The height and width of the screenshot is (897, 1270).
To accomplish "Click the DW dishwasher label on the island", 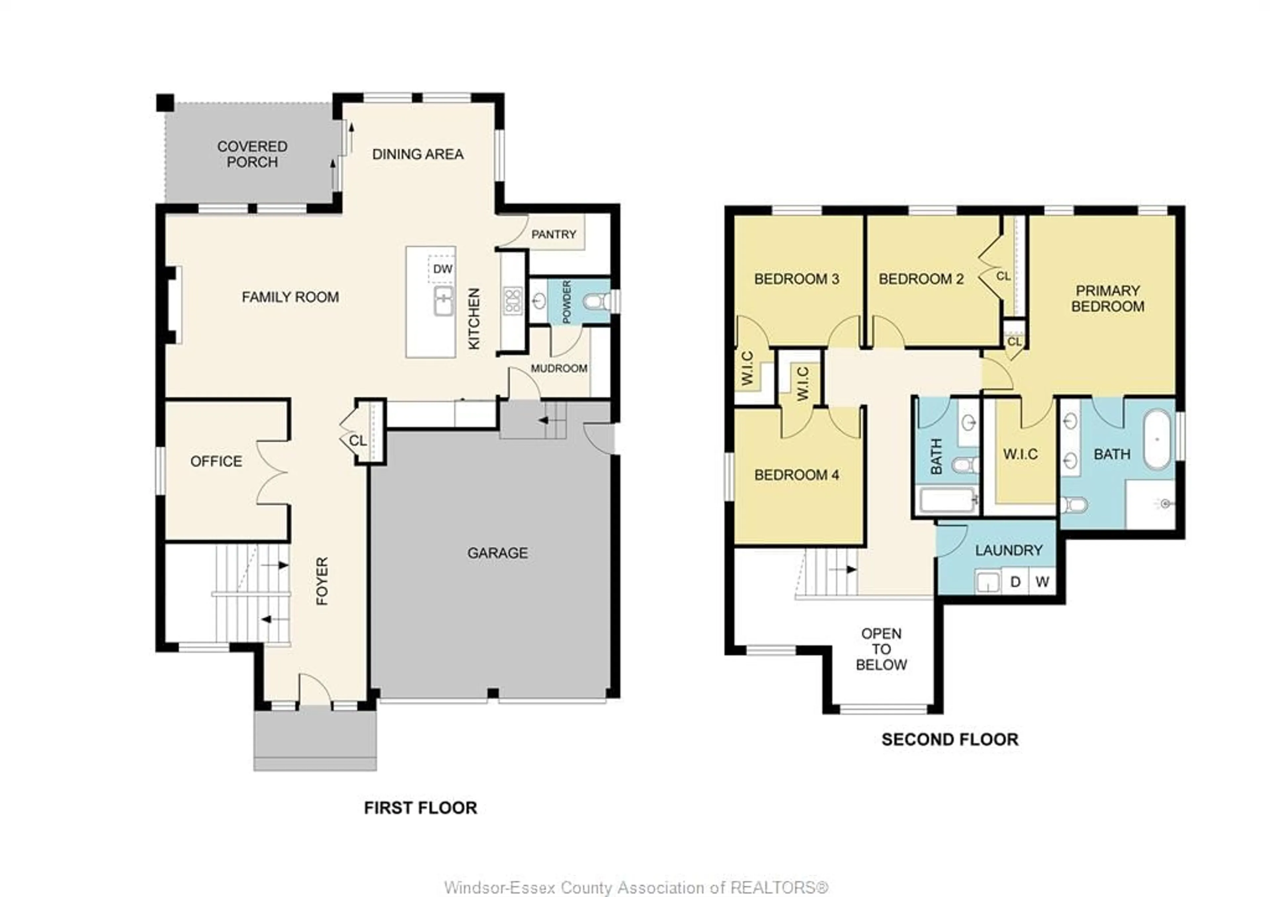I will click(443, 269).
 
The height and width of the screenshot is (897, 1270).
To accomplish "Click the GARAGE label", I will click(497, 553).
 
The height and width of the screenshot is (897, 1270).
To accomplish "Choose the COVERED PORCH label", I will click(252, 155).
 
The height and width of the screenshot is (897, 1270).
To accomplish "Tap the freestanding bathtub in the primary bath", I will click(1157, 439).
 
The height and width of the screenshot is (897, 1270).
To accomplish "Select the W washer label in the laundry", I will click(1042, 582).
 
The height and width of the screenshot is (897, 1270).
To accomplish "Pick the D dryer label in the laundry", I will click(1015, 582).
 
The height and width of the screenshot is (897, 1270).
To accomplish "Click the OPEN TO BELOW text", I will click(881, 649).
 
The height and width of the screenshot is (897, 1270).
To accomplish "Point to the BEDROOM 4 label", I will click(796, 475).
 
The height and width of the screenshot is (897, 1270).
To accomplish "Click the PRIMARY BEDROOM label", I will click(1107, 299).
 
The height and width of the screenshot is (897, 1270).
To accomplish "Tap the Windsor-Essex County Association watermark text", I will click(636, 888).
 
